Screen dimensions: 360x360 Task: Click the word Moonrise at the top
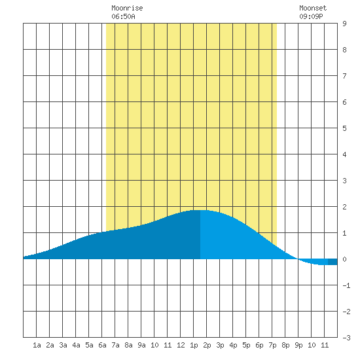tap(127, 8)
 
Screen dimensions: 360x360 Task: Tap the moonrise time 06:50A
tap(123, 16)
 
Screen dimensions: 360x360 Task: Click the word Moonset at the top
tap(313, 8)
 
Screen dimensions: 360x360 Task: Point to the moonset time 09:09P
tap(311, 16)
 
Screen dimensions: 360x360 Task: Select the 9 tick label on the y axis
tap(344, 24)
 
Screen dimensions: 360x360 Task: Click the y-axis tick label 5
tap(344, 128)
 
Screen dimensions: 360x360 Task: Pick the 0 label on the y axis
tap(344, 259)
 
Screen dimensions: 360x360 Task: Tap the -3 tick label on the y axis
tap(346, 338)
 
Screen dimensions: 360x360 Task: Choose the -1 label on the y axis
tap(346, 285)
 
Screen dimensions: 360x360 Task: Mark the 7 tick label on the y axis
tap(344, 76)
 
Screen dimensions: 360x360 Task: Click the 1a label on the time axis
tap(37, 345)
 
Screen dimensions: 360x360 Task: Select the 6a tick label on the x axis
tap(102, 345)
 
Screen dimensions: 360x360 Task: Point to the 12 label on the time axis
tap(181, 345)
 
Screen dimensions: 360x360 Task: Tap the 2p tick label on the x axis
tap(207, 345)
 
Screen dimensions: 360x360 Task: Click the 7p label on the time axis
tap(272, 345)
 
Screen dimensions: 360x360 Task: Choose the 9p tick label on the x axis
tap(298, 345)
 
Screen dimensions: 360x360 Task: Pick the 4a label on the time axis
tap(76, 345)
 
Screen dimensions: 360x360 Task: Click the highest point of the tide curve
tap(200, 210)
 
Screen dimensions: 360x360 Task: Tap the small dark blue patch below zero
tap(333, 262)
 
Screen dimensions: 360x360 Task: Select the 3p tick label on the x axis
tap(220, 345)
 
